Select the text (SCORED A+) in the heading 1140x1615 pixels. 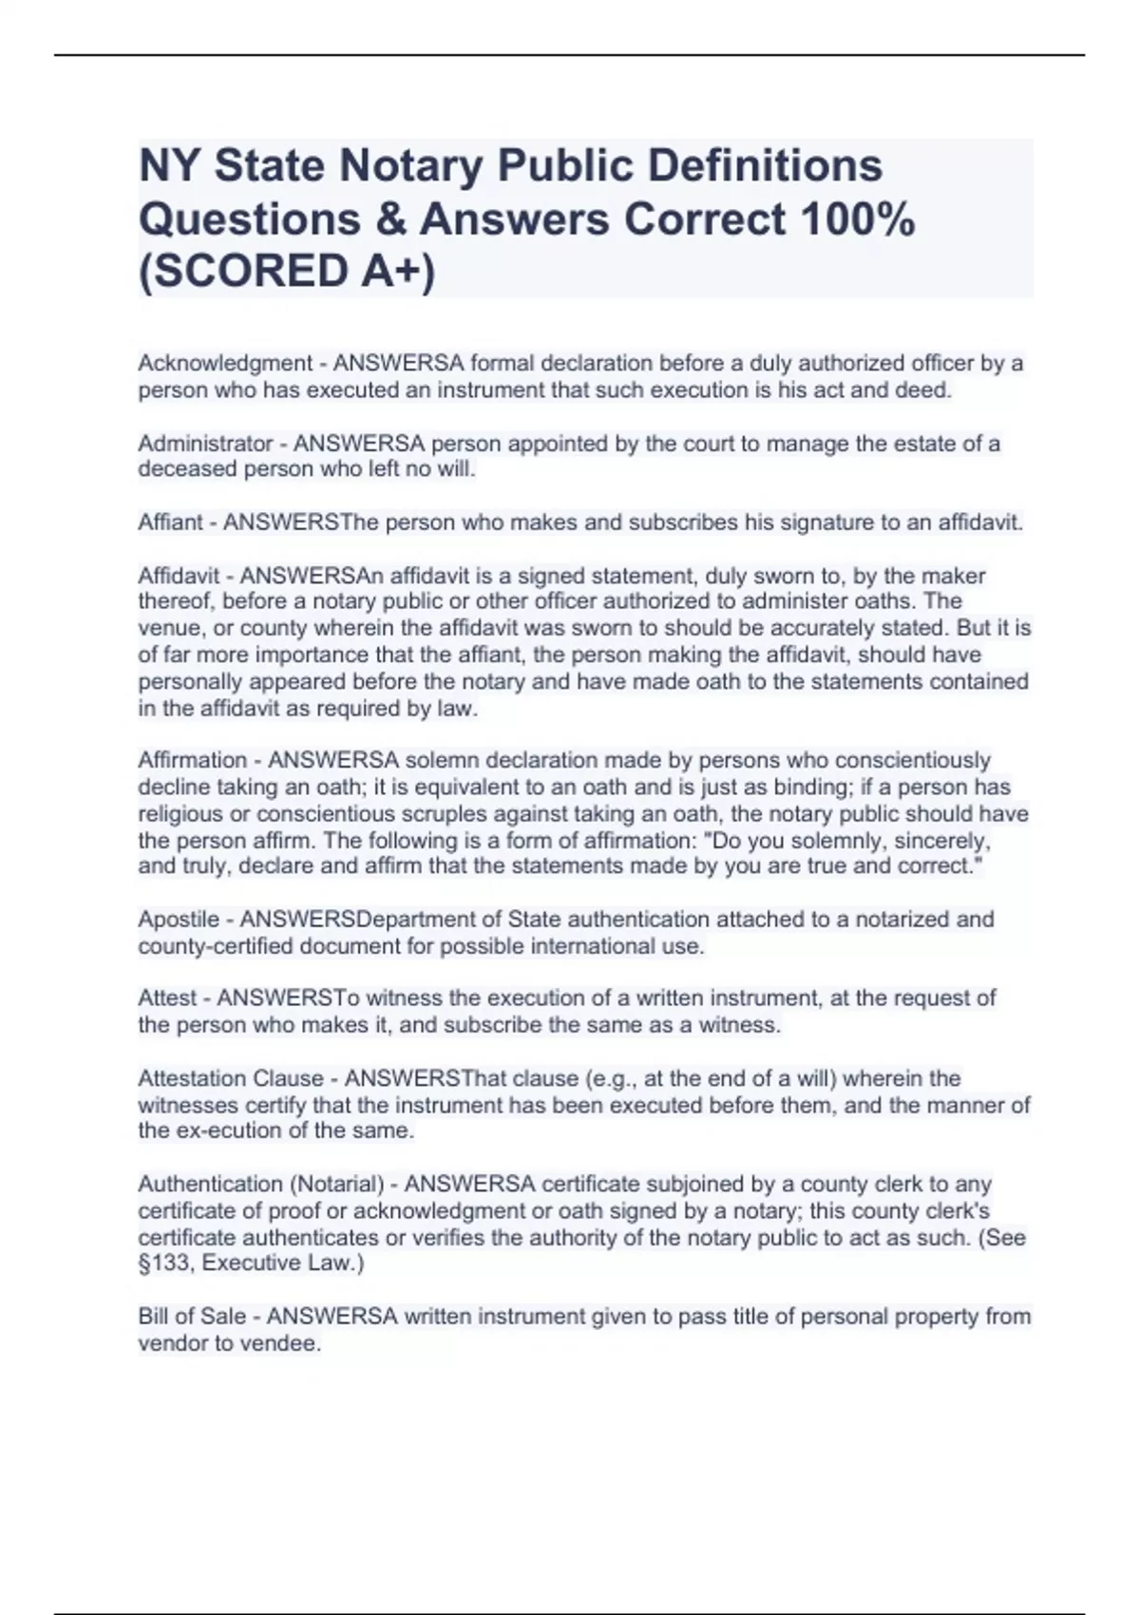point(287,272)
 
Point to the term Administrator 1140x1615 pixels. point(205,444)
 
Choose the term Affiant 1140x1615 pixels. point(170,522)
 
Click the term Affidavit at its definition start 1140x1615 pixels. point(179,576)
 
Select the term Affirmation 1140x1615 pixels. point(193,760)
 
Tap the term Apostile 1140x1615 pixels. point(179,920)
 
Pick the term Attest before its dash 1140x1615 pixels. point(167,998)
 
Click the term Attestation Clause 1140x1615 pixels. point(231,1078)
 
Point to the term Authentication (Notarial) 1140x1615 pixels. point(261,1185)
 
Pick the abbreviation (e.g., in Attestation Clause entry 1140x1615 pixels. point(610,1078)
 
